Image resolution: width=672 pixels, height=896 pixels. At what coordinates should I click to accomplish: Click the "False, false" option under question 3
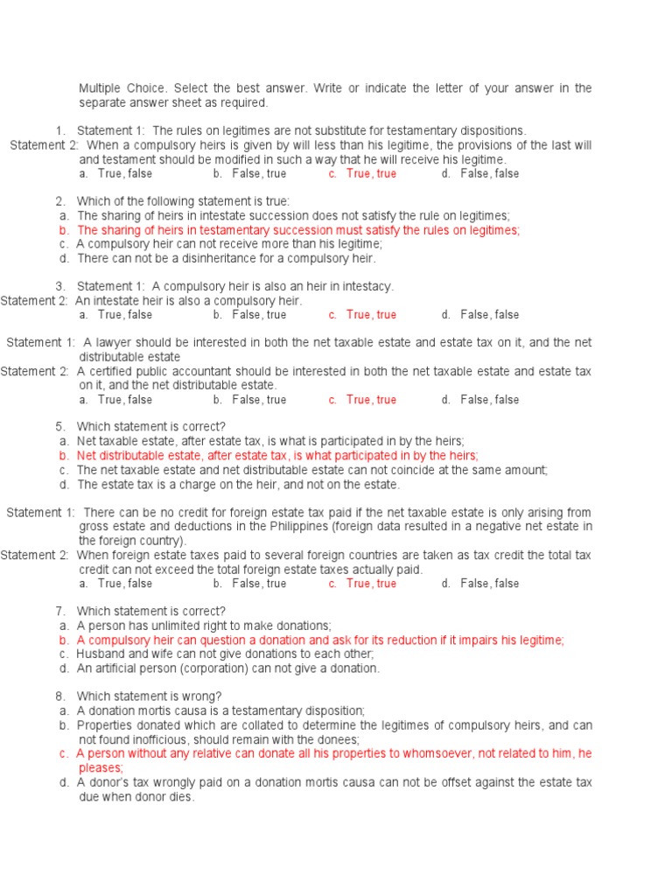pyautogui.click(x=489, y=315)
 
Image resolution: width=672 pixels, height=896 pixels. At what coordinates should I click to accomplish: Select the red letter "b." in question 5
pyautogui.click(x=64, y=456)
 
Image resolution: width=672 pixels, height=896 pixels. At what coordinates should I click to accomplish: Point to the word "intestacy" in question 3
pyautogui.click(x=367, y=286)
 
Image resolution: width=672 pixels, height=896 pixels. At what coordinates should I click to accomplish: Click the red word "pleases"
pyautogui.click(x=100, y=767)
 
